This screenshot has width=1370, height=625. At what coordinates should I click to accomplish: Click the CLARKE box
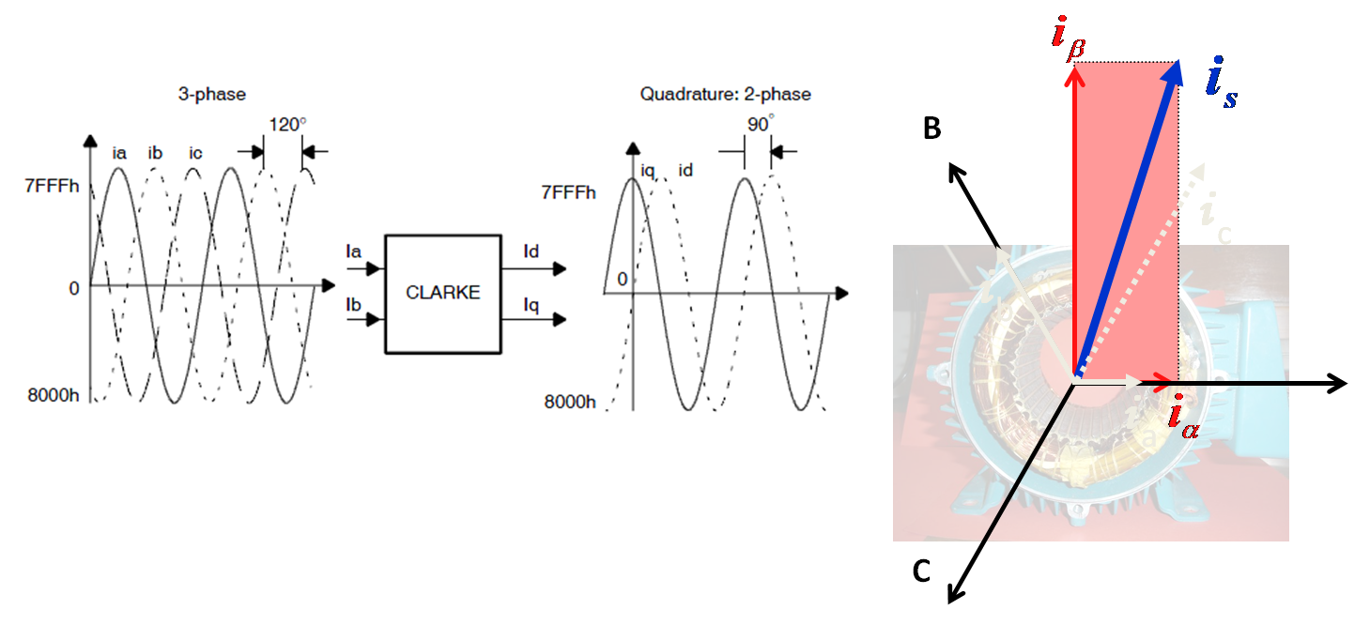tap(442, 293)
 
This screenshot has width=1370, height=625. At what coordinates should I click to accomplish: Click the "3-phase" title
tap(212, 94)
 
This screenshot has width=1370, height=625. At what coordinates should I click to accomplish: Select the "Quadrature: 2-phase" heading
tap(725, 94)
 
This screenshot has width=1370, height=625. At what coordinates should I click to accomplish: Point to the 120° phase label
tap(287, 124)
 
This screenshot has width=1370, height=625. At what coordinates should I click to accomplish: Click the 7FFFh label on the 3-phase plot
tap(52, 185)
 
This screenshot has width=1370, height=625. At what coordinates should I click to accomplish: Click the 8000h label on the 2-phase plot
tap(569, 402)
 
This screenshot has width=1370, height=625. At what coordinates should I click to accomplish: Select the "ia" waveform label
tap(119, 153)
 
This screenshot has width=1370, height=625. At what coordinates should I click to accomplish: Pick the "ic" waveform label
tap(195, 153)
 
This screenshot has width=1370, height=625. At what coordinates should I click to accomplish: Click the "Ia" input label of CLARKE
tap(353, 251)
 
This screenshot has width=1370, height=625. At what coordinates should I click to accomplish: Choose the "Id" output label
tap(531, 251)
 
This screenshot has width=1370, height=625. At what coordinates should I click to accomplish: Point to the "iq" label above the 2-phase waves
tap(647, 170)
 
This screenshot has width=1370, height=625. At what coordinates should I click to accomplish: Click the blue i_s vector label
tap(1221, 84)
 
